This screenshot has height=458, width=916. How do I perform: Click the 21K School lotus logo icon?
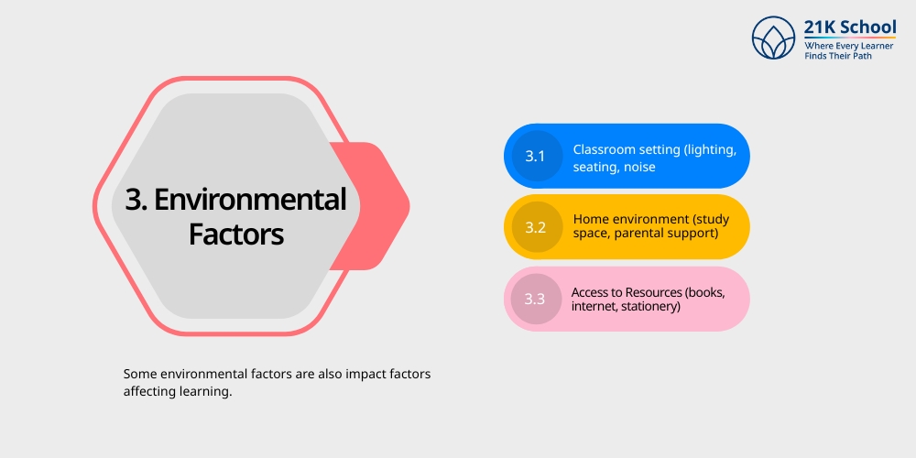point(774,37)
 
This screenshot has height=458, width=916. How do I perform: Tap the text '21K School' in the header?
point(850,27)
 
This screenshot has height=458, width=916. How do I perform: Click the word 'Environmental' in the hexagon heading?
point(250,200)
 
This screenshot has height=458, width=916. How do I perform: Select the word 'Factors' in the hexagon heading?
point(236,234)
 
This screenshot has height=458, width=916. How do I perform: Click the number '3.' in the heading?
point(136,200)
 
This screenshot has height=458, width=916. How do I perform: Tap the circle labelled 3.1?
point(535,156)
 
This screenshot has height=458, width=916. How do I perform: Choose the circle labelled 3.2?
point(535,227)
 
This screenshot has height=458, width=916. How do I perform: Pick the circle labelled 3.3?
point(535,299)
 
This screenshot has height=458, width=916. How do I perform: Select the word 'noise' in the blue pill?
point(639,167)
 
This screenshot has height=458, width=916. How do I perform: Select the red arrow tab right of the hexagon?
point(376,206)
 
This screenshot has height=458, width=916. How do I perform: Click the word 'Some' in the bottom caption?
point(140,375)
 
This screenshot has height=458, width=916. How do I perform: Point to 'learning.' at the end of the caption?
point(207,391)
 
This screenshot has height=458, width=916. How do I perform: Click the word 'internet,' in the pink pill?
point(594,307)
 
